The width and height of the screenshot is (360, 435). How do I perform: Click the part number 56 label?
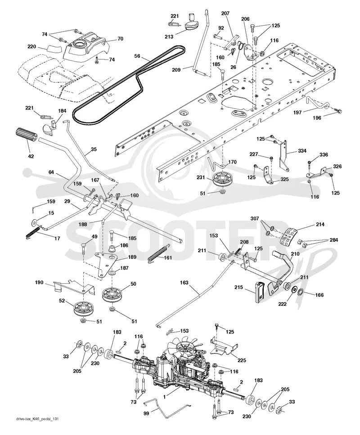tap(137, 56)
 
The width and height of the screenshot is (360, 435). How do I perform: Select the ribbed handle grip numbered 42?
tap(27, 138)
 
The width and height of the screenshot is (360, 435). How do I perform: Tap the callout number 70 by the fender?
tap(120, 39)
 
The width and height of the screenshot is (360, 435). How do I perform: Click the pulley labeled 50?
tap(112, 295)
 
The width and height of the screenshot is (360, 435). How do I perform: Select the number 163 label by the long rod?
tap(184, 283)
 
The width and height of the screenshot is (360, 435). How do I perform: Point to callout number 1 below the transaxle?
tap(164, 397)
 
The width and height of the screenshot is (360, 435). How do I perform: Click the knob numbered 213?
tap(192, 24)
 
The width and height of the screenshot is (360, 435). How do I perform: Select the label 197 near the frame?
tap(297, 113)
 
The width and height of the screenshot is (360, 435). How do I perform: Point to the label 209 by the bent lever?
tap(176, 70)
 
